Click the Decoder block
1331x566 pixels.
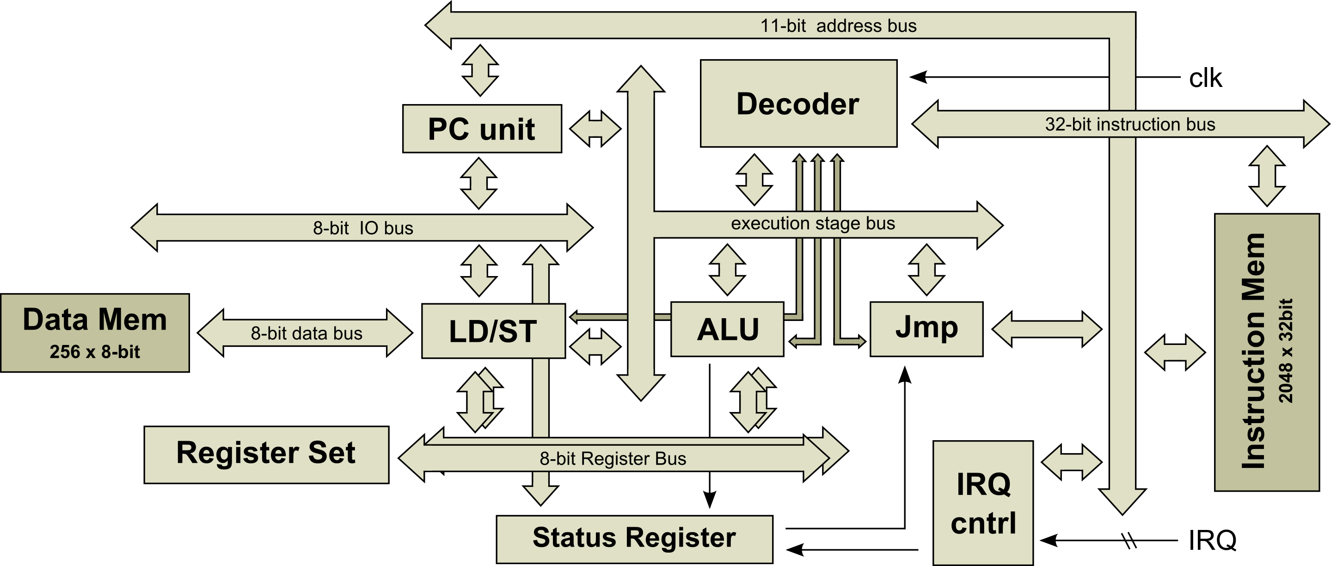point(798,104)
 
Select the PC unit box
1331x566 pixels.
point(482,129)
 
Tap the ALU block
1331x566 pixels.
point(727,329)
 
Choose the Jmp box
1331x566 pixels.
point(926,329)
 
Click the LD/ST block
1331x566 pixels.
point(493,331)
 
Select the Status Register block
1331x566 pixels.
point(634,539)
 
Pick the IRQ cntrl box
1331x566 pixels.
point(983,503)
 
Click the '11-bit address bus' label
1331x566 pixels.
point(838,26)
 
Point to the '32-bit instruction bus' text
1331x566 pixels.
point(1130,124)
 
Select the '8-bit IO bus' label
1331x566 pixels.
point(363,228)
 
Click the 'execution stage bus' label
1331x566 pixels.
point(813,223)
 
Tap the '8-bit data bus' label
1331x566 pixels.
point(307,333)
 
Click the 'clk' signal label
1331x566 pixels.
point(1205,79)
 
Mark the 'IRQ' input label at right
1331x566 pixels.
point(1212,540)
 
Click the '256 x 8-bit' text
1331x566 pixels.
point(95,352)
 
